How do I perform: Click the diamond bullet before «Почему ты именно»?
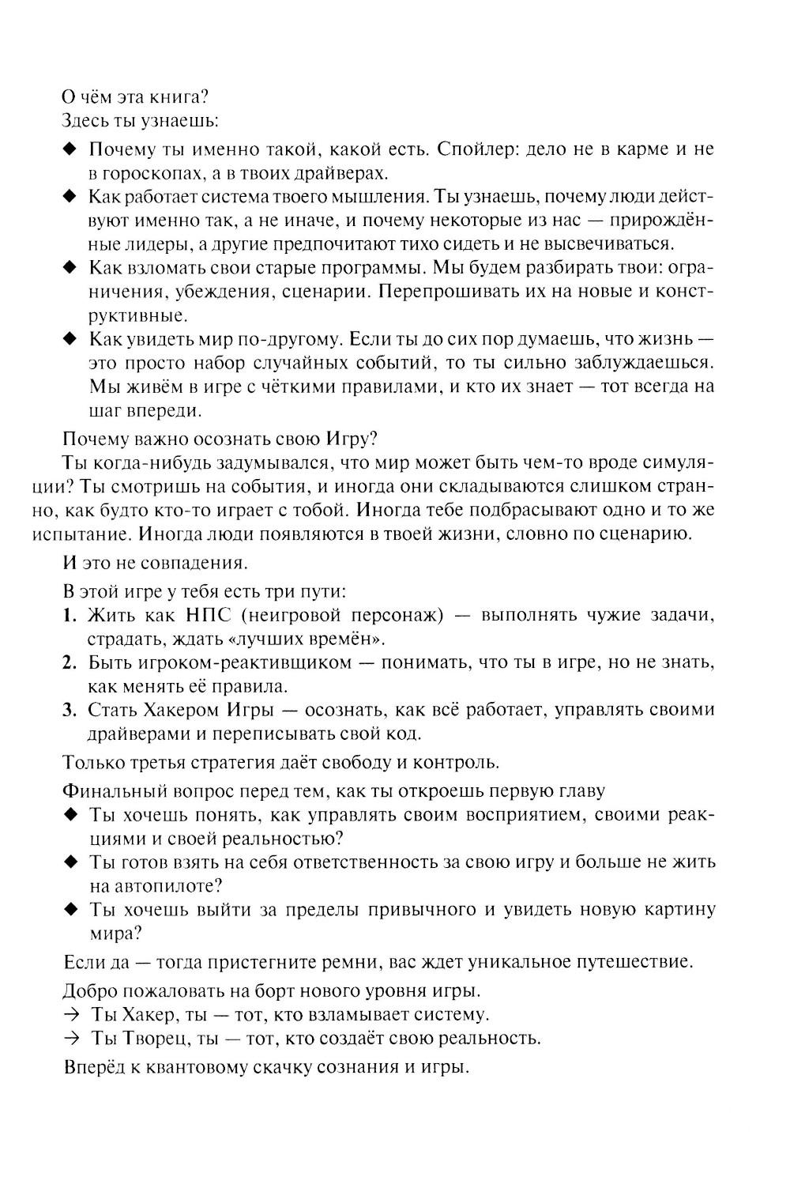(70, 149)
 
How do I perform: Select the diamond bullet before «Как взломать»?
(70, 267)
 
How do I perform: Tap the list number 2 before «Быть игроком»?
(69, 662)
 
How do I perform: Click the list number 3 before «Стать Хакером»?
(69, 709)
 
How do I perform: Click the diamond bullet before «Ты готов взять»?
(70, 862)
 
